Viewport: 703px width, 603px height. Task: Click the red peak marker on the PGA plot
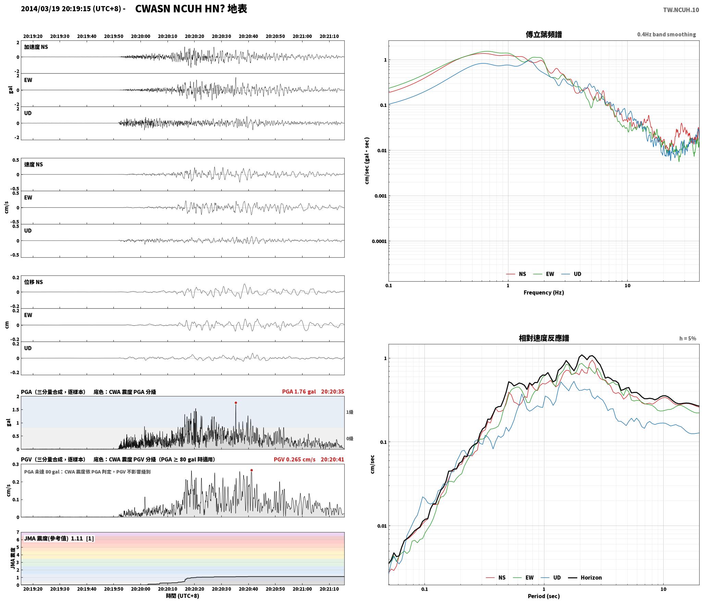click(236, 403)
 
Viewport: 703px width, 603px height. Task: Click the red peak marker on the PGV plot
click(251, 470)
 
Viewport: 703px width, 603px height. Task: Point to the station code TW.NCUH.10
click(681, 10)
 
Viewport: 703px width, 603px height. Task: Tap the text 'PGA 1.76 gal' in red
click(299, 391)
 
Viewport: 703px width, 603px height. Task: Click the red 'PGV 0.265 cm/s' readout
click(294, 459)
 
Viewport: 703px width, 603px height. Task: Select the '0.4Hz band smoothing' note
click(666, 34)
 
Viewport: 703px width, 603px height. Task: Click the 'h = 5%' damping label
click(688, 338)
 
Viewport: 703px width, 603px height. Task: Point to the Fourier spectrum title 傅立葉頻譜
click(544, 34)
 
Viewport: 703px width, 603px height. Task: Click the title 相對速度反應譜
click(544, 338)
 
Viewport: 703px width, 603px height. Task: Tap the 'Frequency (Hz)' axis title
click(543, 292)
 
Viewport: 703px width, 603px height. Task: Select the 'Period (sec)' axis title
click(543, 596)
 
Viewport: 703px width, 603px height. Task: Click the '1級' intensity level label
click(349, 412)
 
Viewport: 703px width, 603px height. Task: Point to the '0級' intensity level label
click(349, 438)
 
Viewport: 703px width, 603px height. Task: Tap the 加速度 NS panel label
click(36, 47)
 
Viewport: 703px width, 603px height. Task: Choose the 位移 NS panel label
click(33, 282)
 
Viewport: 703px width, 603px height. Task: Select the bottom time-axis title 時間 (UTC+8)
click(182, 595)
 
